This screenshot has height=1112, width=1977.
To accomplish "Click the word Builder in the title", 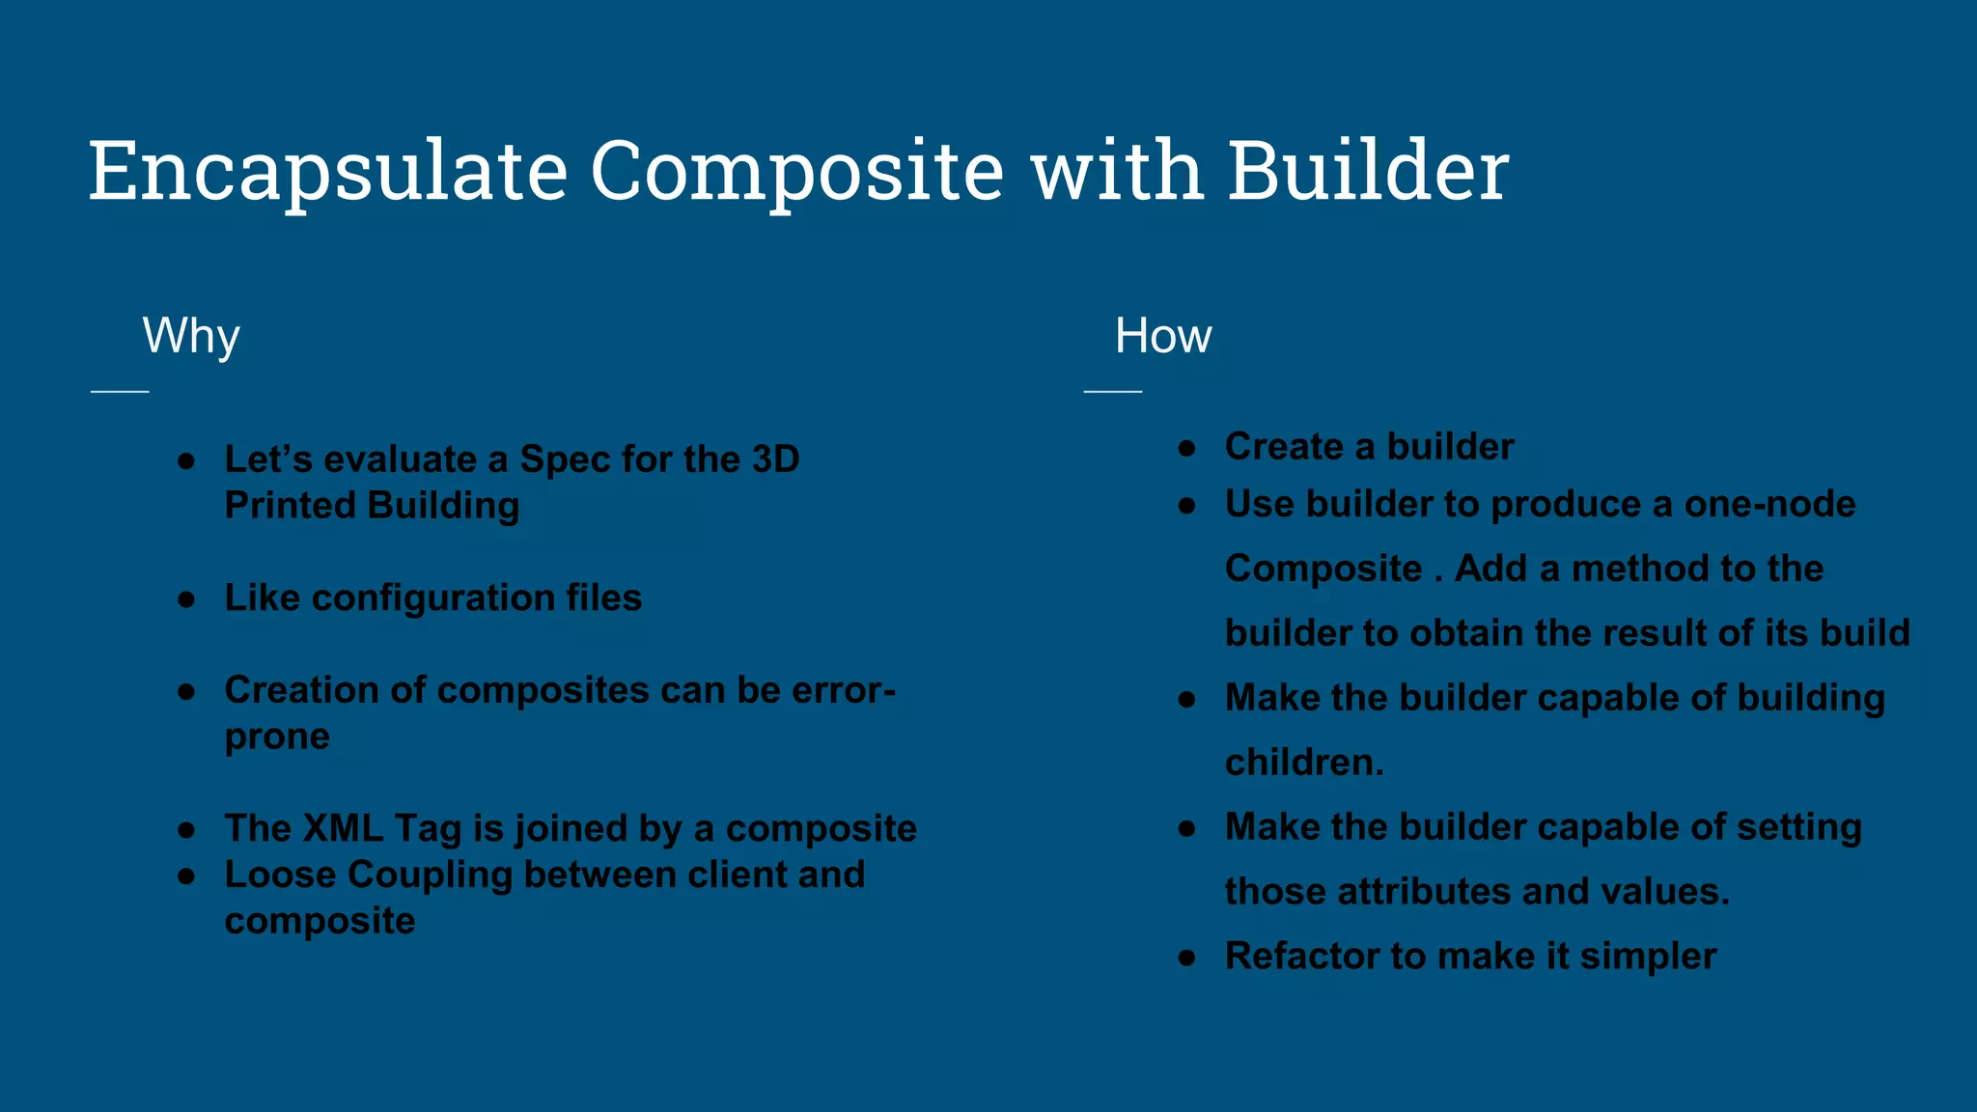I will pyautogui.click(x=1367, y=171).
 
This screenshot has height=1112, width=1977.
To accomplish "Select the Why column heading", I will pyautogui.click(x=191, y=336).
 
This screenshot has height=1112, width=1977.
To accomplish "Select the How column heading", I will pyautogui.click(x=1162, y=336).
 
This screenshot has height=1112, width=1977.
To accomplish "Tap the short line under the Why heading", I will pyautogui.click(x=120, y=391).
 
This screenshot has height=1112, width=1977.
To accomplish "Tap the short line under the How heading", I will pyautogui.click(x=1112, y=391).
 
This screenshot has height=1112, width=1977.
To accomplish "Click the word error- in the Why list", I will pyautogui.click(x=844, y=690).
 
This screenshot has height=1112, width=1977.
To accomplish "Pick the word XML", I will pyautogui.click(x=343, y=828).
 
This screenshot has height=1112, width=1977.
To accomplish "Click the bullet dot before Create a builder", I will pyautogui.click(x=1187, y=448).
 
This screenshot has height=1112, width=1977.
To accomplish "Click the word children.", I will pyautogui.click(x=1303, y=763).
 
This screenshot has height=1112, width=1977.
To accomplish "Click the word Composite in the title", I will pyautogui.click(x=797, y=171).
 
